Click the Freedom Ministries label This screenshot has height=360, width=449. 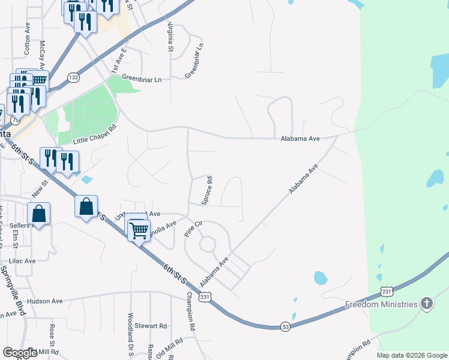coord(381,304)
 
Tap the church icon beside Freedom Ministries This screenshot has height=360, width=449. coord(427,304)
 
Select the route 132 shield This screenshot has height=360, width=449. coord(73,77)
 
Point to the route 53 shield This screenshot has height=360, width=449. coord(285,326)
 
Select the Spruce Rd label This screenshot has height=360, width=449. coord(208,190)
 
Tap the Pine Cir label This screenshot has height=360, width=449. coord(194,229)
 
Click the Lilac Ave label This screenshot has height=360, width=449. coord(21,261)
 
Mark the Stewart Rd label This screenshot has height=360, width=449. coord(150,326)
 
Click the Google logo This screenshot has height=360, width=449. coord(20,353)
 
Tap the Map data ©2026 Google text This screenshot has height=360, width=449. coord(412,355)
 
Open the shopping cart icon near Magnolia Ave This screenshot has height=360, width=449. coord(139,230)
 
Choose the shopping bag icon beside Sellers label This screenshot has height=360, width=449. coord(38,214)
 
